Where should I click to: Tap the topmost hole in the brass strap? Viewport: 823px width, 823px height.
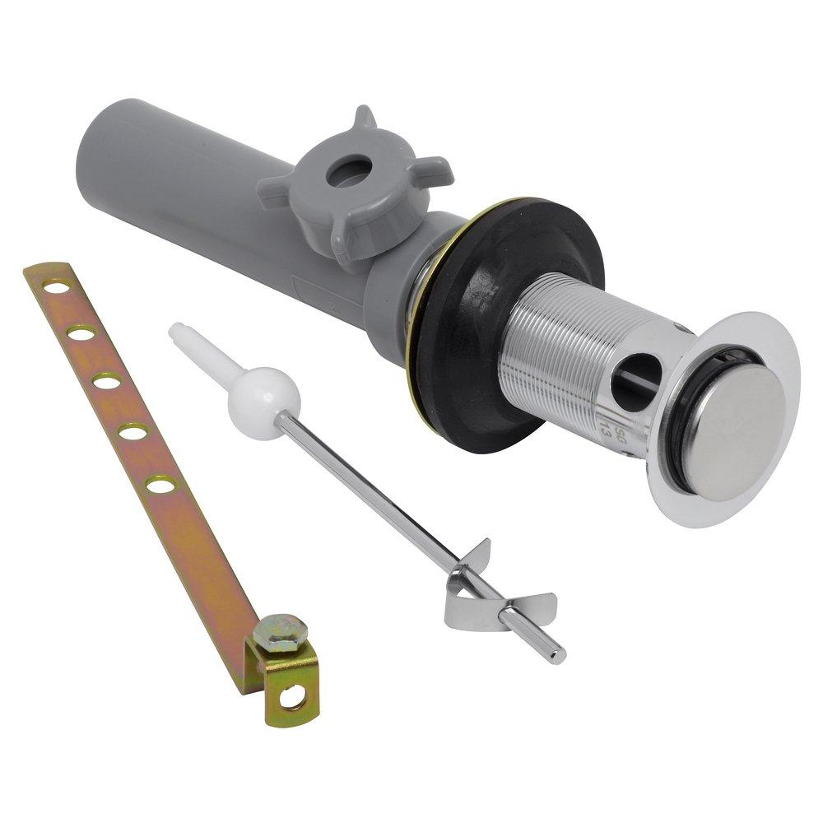pos(57,287)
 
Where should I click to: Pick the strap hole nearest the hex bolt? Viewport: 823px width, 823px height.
pos(160,484)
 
